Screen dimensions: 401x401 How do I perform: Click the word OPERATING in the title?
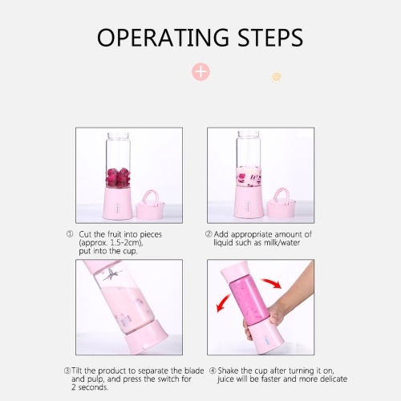163,38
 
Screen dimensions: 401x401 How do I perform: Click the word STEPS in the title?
270,38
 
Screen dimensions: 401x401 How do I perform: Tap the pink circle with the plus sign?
200,71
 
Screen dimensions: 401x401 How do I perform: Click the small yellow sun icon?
277,77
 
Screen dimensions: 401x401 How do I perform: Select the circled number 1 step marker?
70,234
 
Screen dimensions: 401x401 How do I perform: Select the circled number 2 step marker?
209,234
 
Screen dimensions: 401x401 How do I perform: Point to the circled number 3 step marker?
67,371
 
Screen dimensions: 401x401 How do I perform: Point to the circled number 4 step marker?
213,371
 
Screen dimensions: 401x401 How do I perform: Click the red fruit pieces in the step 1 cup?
118,177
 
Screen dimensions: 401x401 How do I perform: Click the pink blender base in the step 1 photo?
118,203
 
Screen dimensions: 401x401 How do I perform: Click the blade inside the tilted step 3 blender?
112,275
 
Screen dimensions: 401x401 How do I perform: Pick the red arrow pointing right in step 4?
271,283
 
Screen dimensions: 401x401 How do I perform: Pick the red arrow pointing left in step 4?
223,303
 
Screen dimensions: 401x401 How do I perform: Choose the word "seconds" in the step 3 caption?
92,387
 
